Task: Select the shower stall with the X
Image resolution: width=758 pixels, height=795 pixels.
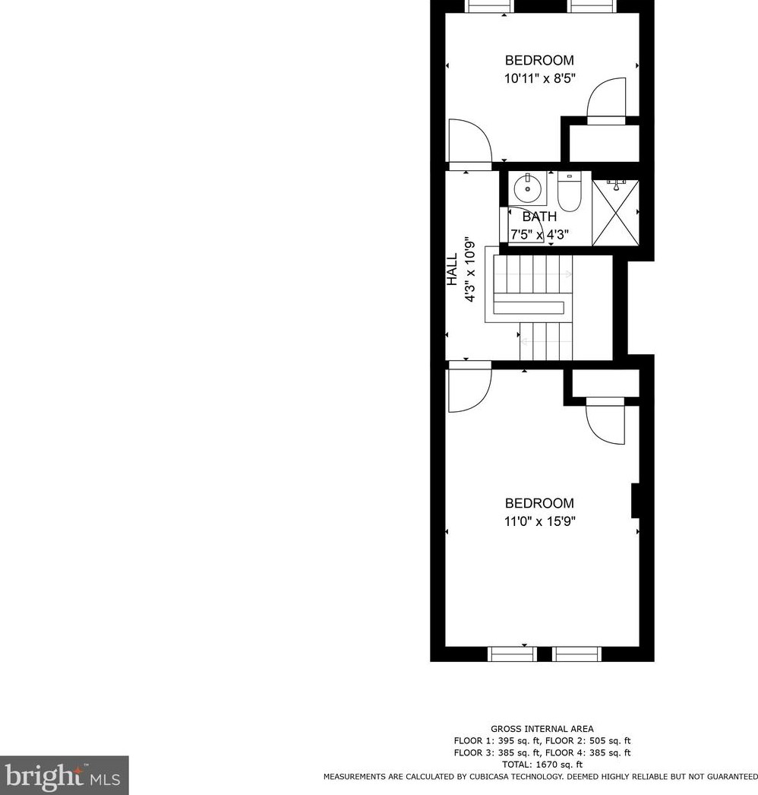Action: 615,213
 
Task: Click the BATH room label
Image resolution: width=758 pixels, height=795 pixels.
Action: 539,217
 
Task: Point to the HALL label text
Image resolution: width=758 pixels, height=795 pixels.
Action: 452,270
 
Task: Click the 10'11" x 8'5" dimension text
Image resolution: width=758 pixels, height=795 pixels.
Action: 539,78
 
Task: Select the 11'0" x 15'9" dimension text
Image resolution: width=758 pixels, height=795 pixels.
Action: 539,521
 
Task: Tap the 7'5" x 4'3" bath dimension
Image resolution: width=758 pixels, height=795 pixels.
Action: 541,235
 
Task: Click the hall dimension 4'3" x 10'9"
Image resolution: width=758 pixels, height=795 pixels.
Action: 470,270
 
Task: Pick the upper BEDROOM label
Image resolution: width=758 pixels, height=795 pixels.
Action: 539,60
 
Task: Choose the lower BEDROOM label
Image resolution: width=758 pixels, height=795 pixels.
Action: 539,503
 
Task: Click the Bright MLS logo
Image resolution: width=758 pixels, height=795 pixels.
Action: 64,775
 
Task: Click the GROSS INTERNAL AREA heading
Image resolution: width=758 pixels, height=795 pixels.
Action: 542,729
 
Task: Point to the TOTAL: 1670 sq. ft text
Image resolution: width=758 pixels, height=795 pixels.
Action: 542,765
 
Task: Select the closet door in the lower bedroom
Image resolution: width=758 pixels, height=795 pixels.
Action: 605,423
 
